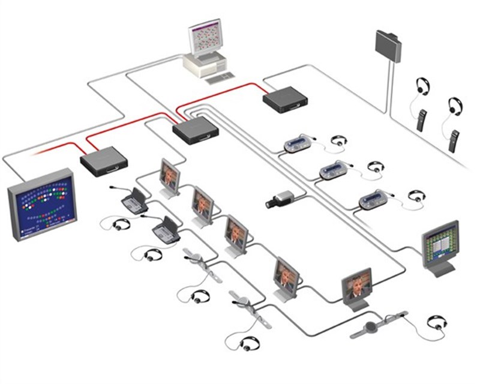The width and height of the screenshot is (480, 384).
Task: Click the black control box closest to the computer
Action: [286, 99]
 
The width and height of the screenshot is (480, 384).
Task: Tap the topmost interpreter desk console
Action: [298, 145]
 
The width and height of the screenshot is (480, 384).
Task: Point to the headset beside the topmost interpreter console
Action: [341, 142]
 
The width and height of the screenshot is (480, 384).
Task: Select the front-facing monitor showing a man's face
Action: [358, 286]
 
